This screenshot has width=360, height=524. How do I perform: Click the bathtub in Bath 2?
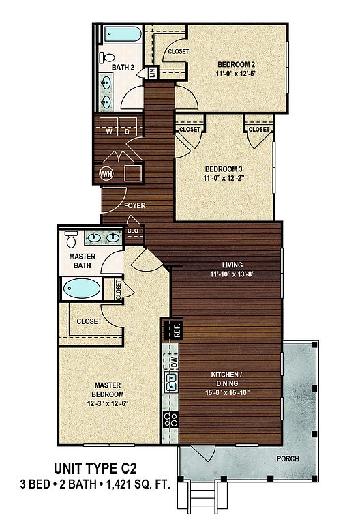point(123,33)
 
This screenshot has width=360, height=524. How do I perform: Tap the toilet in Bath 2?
point(107,57)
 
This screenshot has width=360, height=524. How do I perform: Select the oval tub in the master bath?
point(82,289)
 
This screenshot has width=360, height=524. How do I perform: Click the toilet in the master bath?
point(71,239)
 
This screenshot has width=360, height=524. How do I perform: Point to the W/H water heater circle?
point(106,174)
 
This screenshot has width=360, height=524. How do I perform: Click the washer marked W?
point(109,127)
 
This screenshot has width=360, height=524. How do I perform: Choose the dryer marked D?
point(127,127)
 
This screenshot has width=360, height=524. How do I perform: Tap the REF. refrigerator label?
point(177,330)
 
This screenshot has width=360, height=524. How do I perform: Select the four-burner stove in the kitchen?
point(170,420)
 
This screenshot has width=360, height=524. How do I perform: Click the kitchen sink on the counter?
point(171,383)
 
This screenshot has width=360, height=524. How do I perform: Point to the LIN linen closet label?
point(152,72)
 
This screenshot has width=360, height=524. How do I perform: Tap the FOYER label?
point(135,205)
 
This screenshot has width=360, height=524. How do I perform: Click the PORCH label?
point(288,458)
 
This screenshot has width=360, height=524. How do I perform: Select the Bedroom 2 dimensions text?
point(237,74)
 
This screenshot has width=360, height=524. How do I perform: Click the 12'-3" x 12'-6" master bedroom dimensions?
point(108,403)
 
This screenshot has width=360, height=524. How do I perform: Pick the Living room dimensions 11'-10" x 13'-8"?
point(232,274)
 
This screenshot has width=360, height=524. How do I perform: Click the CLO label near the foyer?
point(133,231)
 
